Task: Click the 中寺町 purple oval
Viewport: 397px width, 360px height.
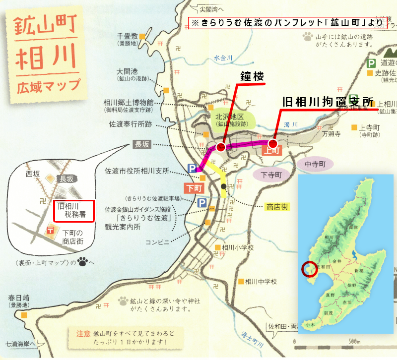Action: pos(315,163)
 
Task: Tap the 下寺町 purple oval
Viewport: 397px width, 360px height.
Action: pos(271,175)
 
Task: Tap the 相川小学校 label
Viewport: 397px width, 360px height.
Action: pos(238,247)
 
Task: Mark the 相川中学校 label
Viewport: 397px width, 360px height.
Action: pos(260,282)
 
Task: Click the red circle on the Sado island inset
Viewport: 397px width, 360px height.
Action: pos(309,268)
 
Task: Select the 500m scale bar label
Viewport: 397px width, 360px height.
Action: pos(354,342)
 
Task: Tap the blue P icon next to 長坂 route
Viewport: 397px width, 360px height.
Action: pos(192,169)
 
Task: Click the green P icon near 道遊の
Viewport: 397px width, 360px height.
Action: pos(371,63)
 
